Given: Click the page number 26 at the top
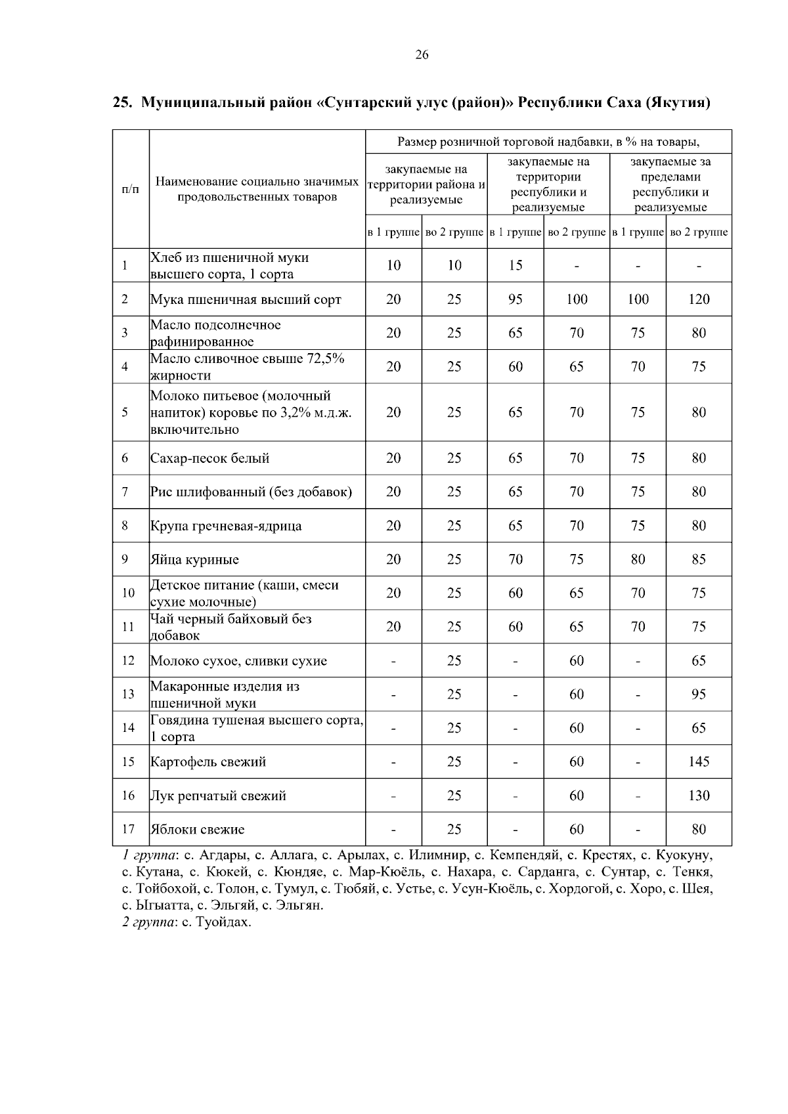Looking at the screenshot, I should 422,55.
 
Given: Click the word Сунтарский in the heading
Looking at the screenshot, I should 372,103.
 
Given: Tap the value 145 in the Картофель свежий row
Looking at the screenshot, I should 699,761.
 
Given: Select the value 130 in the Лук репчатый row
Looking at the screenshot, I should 699,796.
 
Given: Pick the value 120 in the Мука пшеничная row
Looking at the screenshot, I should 699,299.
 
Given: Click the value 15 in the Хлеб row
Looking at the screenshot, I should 515,265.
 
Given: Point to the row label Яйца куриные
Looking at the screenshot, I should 194,560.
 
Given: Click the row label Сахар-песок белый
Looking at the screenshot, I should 209,458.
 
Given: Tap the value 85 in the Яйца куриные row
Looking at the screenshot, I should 699,560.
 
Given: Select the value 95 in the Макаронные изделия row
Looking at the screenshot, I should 699,695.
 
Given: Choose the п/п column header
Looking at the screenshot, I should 131,189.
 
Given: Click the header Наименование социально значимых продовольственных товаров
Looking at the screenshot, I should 257,189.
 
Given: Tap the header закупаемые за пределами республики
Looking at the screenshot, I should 670,184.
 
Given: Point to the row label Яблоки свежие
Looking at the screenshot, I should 197,829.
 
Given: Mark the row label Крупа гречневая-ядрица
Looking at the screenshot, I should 226,526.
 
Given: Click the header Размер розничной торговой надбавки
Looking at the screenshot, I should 548,142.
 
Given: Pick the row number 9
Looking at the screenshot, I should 124,560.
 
